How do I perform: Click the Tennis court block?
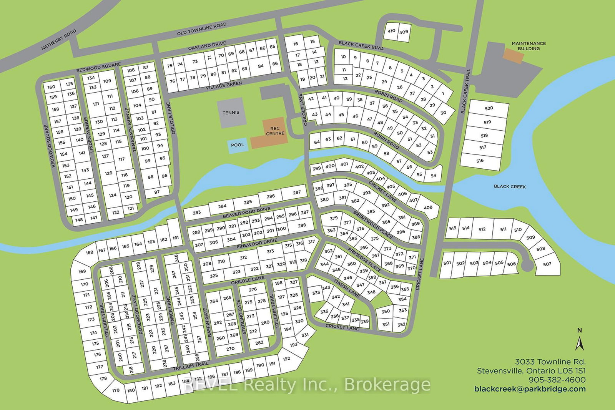point(231,112)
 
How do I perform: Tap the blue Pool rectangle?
point(238,145)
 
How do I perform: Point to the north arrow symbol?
point(580,342)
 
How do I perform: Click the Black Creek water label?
point(510,186)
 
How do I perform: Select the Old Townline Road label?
point(201,29)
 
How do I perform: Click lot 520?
point(489,108)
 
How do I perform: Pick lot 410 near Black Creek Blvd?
point(391,31)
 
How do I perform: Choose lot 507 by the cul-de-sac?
point(547,264)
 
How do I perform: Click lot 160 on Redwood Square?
point(52,87)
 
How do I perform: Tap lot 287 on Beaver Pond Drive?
point(297,193)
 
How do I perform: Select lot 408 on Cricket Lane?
point(428,207)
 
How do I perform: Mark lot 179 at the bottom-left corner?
point(116,390)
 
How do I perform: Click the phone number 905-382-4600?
point(557,380)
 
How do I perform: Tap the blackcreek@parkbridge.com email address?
point(530,389)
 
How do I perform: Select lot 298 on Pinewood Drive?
point(302,225)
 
